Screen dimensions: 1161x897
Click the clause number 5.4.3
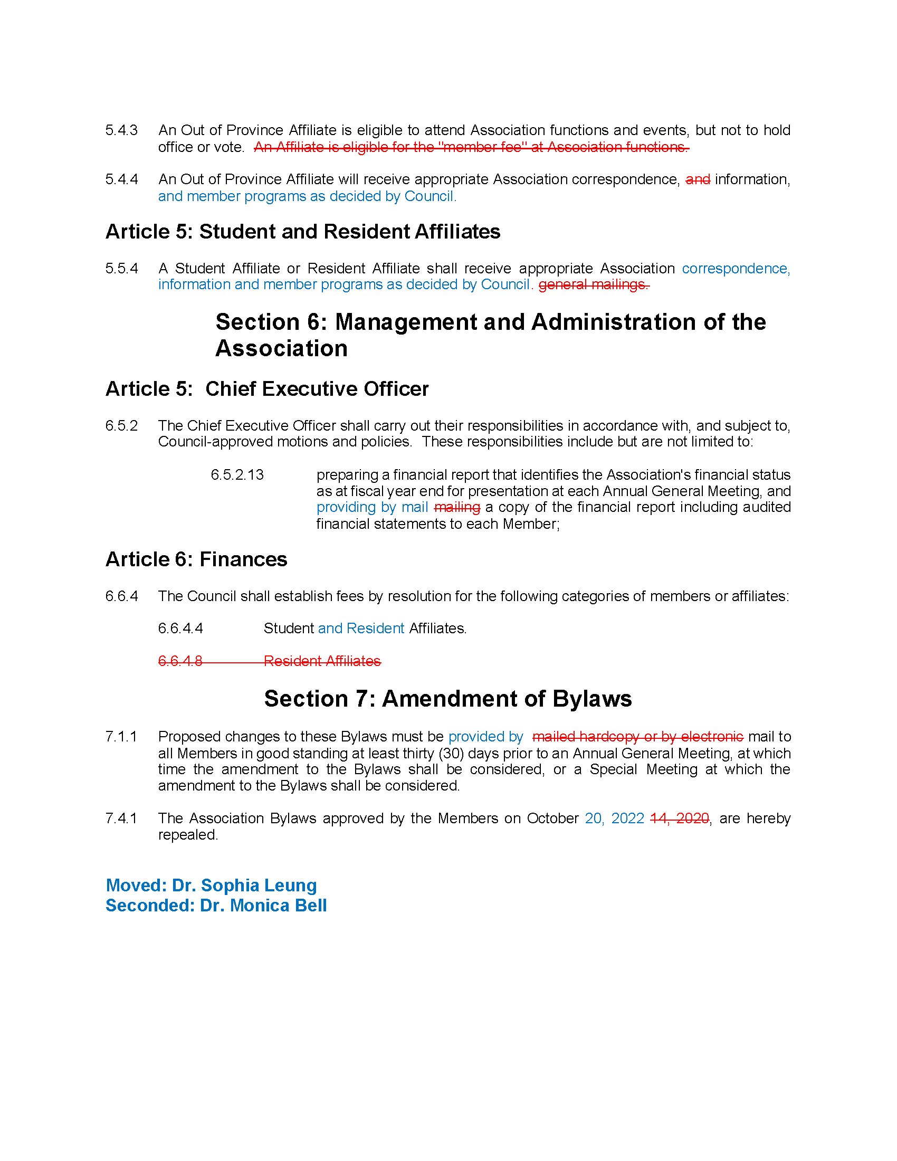[121, 130]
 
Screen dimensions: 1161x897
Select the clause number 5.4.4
[121, 179]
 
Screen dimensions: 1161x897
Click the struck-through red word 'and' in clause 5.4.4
[698, 179]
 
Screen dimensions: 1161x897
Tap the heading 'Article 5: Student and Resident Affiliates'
[303, 232]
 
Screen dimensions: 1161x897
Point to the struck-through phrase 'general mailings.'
[594, 285]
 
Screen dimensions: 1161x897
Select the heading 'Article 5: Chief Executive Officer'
[267, 389]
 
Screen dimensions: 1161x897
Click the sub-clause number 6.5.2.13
[237, 475]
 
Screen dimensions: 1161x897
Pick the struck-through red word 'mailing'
[457, 508]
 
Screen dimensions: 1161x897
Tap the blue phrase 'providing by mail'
[372, 508]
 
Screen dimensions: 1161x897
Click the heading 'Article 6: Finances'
[196, 560]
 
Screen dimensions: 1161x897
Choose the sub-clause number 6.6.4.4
[180, 629]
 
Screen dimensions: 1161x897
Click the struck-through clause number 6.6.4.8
[180, 661]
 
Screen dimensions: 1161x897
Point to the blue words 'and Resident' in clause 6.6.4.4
[361, 629]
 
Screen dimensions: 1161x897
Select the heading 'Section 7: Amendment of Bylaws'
[448, 699]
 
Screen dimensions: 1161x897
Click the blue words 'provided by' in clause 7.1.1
[485, 737]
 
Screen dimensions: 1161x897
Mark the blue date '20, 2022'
[614, 819]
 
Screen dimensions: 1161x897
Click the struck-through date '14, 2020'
[679, 819]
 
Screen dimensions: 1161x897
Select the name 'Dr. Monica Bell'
[263, 906]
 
